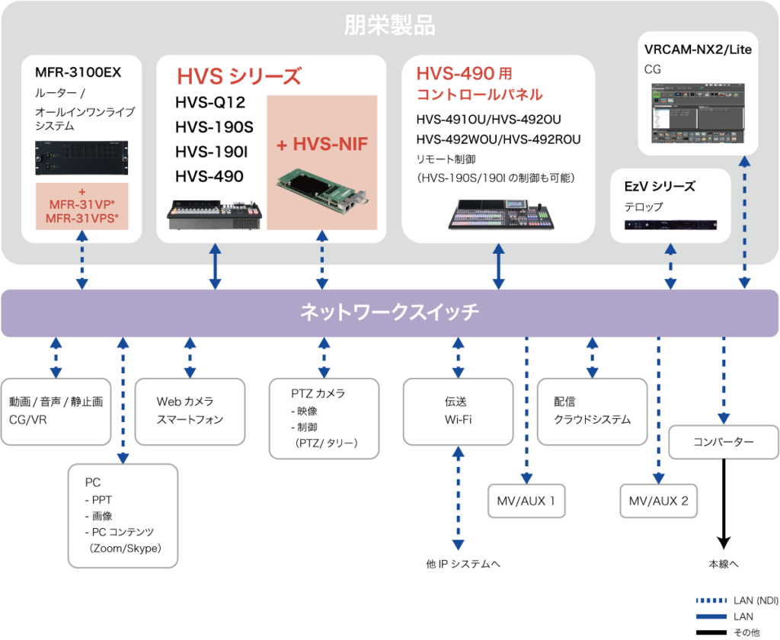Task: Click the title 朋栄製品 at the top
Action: click(389, 26)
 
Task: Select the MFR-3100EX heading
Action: click(78, 73)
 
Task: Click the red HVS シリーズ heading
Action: click(238, 77)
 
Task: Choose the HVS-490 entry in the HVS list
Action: click(209, 177)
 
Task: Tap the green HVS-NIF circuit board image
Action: click(323, 190)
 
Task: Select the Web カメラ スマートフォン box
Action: click(190, 411)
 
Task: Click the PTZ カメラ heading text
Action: click(318, 394)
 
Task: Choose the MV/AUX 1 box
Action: click(526, 501)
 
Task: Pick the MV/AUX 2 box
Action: click(659, 501)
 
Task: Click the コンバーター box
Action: click(723, 443)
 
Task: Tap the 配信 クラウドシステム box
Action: click(592, 411)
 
